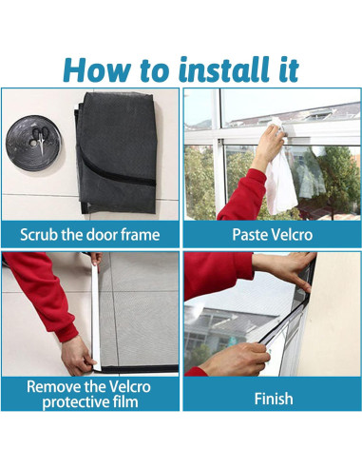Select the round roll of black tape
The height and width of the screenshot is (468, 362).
point(33,143)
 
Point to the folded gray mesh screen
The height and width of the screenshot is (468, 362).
point(116,153)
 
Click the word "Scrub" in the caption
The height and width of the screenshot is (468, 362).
point(40,235)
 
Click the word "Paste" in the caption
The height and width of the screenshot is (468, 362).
point(250,235)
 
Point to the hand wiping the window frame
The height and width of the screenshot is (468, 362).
point(270,144)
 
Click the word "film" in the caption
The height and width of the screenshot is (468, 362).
point(126,401)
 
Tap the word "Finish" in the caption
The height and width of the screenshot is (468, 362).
point(274,399)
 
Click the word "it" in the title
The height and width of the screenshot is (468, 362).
point(288,69)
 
